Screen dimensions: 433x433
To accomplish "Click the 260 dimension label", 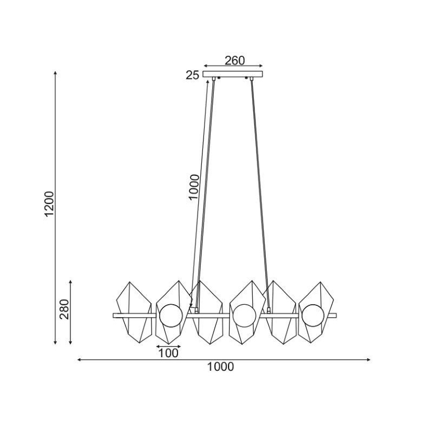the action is coord(235,61).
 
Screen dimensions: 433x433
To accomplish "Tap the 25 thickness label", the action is coord(192,75).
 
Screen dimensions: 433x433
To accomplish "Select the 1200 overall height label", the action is coord(50,204).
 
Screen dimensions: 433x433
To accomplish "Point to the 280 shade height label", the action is coord(64,309).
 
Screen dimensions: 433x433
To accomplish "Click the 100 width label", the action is coord(168,353).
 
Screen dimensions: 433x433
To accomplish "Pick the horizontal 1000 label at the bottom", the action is coord(220,367).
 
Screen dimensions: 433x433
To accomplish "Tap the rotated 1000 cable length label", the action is coord(194,187).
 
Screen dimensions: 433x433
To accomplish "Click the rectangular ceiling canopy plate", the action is coord(233,74).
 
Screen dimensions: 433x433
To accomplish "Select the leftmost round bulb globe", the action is coord(171,316).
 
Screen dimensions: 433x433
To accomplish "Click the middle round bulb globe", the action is coord(245,316).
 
